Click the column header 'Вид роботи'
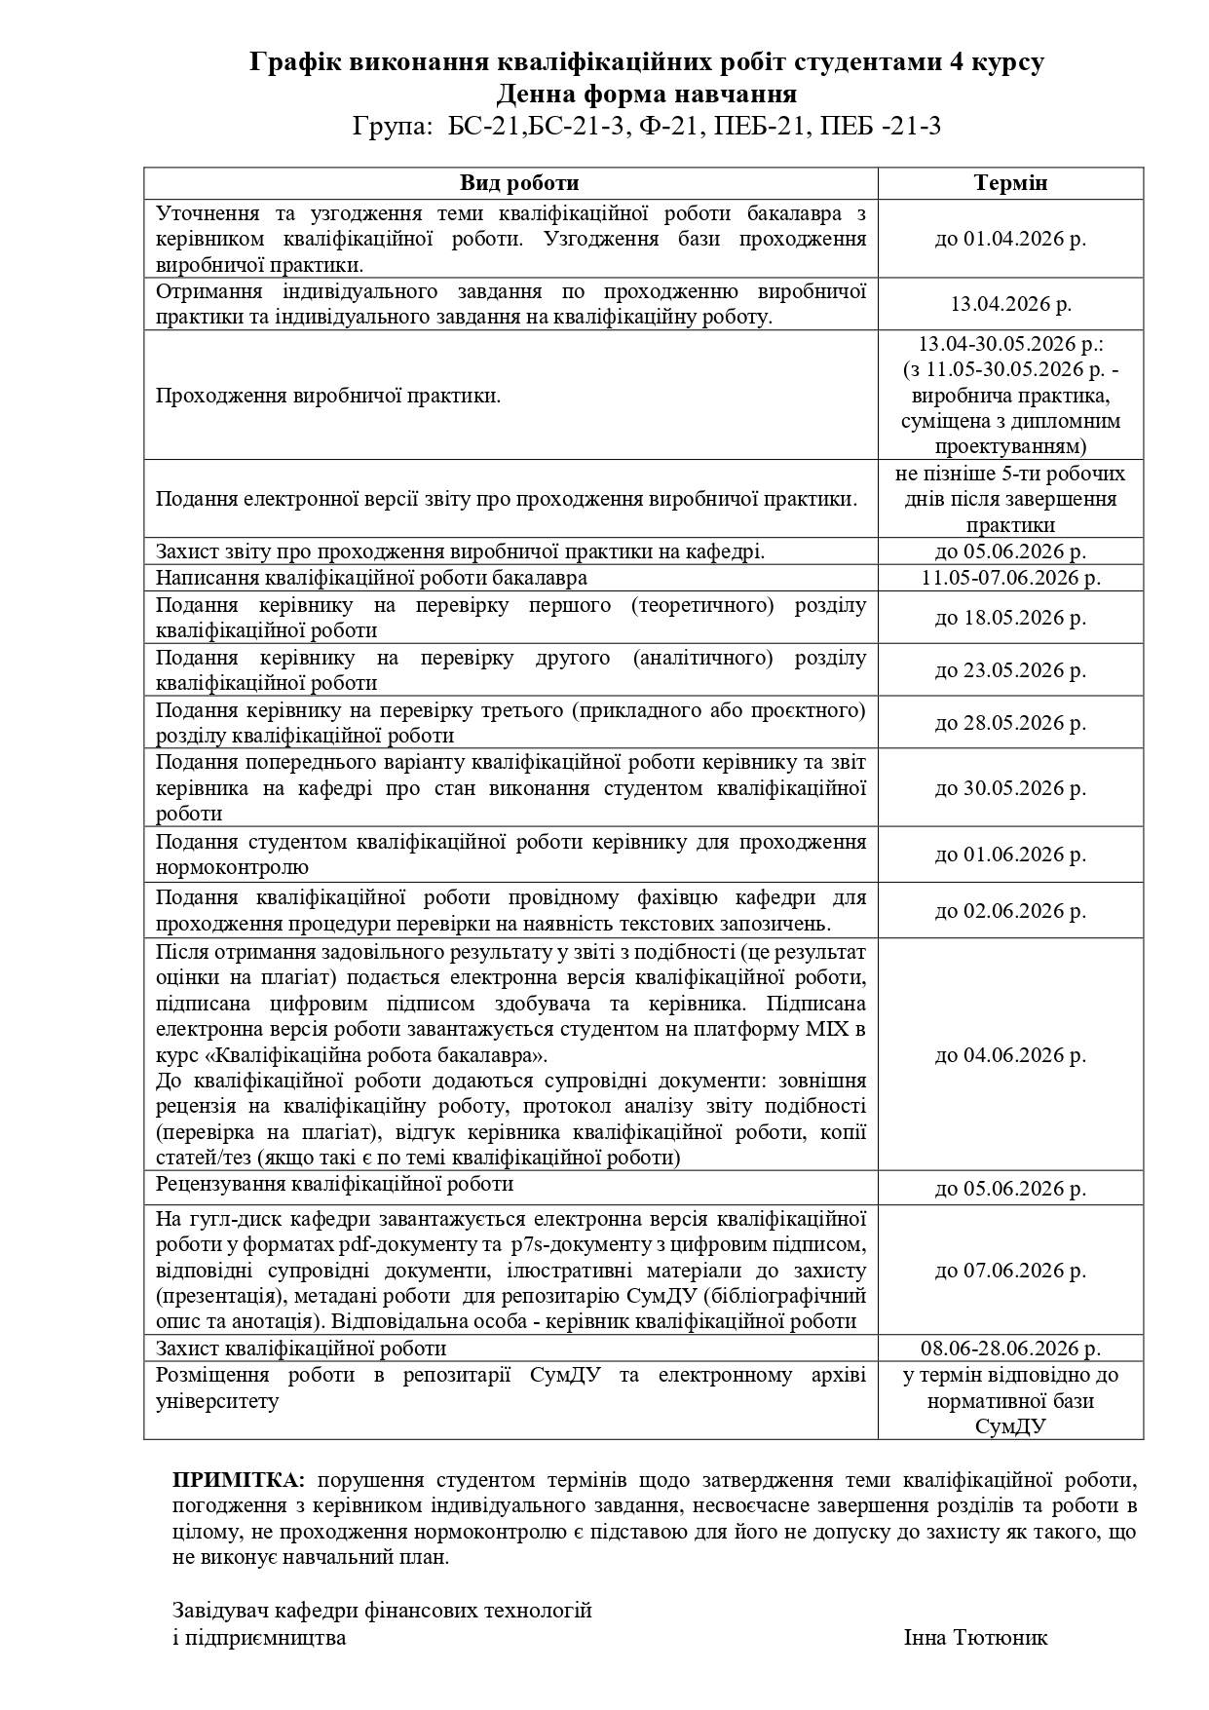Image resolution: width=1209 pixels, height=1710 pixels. tap(519, 183)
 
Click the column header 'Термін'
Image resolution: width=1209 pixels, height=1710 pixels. tap(1010, 183)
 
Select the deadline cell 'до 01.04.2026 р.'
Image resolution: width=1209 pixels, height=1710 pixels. tap(1010, 239)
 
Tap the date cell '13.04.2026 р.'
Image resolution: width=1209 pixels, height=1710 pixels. tap(1010, 304)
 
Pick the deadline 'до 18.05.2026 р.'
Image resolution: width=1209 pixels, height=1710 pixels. tap(1010, 618)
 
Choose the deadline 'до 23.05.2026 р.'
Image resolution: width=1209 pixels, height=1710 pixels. tap(1010, 670)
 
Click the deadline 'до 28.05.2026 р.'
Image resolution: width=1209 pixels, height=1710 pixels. tap(1010, 723)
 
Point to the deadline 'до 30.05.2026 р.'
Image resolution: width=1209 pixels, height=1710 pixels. tap(1010, 788)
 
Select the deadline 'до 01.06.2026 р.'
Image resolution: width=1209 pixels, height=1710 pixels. tap(1010, 855)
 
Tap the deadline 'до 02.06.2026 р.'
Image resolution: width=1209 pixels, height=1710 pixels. tap(1010, 911)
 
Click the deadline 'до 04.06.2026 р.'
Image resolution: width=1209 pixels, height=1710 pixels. tap(1010, 1055)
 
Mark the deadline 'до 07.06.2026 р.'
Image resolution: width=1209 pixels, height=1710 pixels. tap(1010, 1271)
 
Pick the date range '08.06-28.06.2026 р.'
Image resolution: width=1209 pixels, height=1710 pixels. tap(1010, 1349)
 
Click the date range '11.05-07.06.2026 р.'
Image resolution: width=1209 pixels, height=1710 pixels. tap(1010, 578)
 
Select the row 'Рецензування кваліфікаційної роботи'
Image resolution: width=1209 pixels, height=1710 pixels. tap(334, 1184)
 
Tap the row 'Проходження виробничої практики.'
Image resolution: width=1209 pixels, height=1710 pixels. tap(328, 396)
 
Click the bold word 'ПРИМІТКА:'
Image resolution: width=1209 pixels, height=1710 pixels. tap(239, 1480)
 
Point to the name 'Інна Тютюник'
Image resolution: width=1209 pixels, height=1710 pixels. tap(975, 1637)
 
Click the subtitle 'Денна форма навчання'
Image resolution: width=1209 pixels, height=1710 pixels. tap(646, 95)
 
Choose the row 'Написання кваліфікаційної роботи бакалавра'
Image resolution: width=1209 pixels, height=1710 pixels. tap(371, 578)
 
